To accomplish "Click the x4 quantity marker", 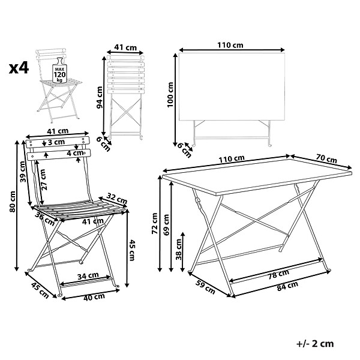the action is coord(19,68).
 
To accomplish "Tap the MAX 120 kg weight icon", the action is coord(59,70).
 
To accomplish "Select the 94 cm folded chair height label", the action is coord(100,97).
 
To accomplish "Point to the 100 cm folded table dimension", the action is coord(170,95).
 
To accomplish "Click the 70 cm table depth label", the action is coord(326,158).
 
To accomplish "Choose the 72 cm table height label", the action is coord(155,223).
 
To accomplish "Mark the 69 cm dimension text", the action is coord(166,225).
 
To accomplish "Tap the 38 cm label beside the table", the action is coord(178,249).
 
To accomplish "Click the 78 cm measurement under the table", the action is coord(279,274).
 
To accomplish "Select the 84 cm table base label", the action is coord(287,286).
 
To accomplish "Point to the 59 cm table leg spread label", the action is coord(205,287).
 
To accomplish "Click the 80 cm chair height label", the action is coord(13,202).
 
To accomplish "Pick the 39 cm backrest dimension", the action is coord(23,172).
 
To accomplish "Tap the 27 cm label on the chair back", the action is coord(43,179).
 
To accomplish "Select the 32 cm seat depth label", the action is coord(117,199).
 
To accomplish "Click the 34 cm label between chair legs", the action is coord(88,275).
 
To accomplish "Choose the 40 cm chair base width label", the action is coord(94,297).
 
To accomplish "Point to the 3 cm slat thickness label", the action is coord(56,142).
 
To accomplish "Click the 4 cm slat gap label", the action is coord(76,152).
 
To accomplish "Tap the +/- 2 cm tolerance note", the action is coord(315,343).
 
